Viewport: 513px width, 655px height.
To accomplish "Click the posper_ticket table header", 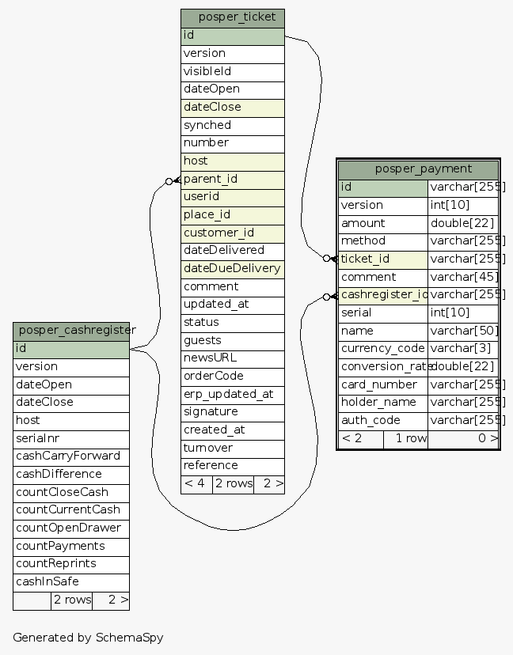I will (232, 17).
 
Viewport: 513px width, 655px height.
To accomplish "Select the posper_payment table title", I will (418, 168).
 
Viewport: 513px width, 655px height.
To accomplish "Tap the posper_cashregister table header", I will (71, 330).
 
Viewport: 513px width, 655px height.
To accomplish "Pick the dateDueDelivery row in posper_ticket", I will (232, 268).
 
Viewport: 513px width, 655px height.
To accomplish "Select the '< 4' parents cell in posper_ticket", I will (196, 483).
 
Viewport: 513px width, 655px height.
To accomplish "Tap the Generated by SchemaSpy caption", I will (88, 637).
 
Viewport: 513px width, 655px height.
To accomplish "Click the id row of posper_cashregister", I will (71, 348).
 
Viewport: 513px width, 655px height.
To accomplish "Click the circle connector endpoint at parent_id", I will (169, 181).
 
